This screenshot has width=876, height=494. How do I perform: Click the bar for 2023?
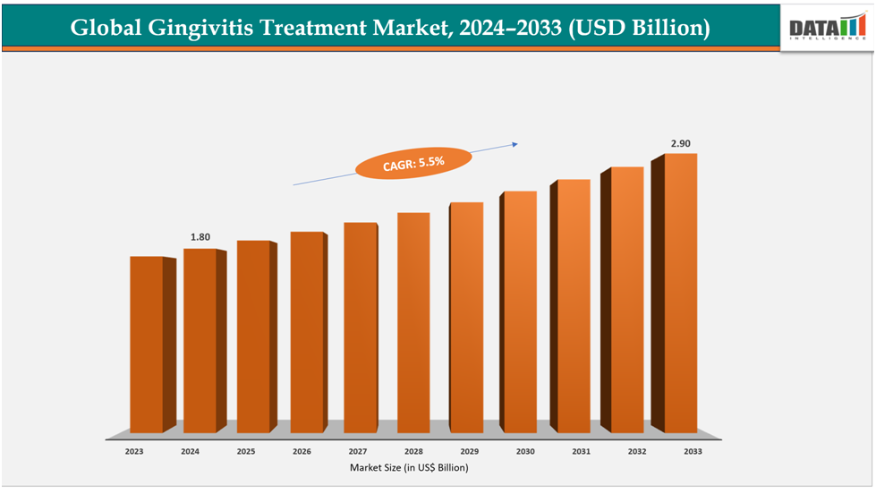[146, 345]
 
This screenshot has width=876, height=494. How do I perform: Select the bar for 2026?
[306, 332]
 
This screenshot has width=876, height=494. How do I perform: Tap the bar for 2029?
[465, 318]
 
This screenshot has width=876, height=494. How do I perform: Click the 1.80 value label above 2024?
[200, 237]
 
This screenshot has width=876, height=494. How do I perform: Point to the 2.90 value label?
[681, 143]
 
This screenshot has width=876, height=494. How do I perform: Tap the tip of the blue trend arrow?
[518, 141]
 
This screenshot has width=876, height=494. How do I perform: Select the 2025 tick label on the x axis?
[246, 452]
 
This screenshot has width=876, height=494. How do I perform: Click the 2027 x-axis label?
[357, 452]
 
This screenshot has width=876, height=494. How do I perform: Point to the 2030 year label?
[525, 452]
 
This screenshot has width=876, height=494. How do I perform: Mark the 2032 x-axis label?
[636, 452]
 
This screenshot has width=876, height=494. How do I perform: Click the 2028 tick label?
[413, 452]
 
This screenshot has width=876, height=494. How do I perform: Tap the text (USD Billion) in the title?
[640, 28]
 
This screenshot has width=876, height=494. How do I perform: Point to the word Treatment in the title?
[308, 28]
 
